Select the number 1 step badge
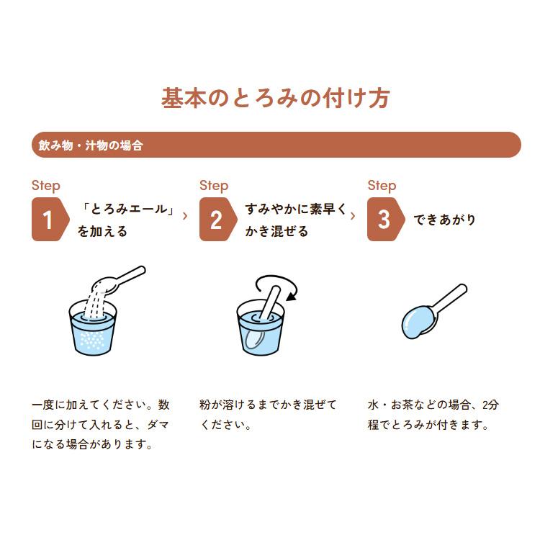point(48,220)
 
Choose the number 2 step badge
point(216,220)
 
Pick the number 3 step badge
point(384,220)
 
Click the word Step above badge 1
point(46,186)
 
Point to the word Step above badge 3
point(382,186)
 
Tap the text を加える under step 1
point(102,231)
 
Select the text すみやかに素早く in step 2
point(295,210)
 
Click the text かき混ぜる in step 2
point(276,231)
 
